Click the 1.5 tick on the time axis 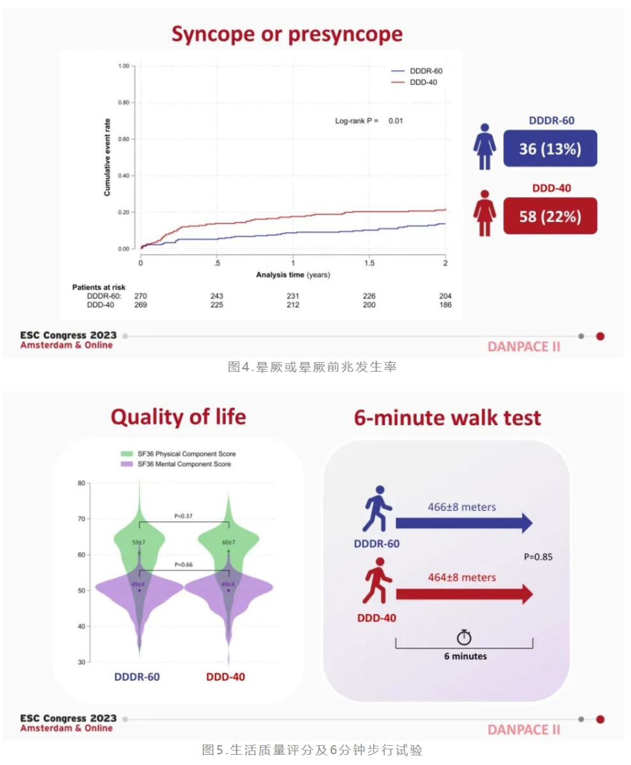pos(369,263)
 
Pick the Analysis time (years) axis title pos(293,275)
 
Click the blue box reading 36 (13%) pos(550,149)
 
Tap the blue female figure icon pos(484,146)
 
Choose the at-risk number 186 pos(445,305)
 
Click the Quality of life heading pos(178,417)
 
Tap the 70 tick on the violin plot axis pos(81,519)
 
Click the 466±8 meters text pos(462,507)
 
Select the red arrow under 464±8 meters pos(464,594)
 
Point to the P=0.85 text pos(538,557)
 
